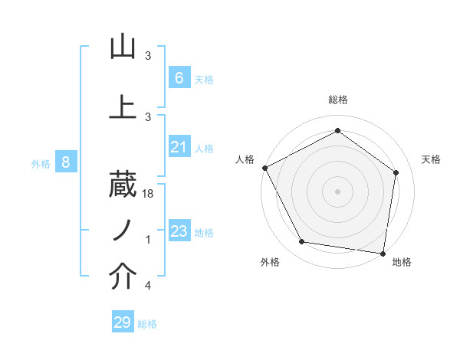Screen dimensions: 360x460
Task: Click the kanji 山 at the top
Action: (123, 47)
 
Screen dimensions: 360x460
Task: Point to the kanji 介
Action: (123, 277)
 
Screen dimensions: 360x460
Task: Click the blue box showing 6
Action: (179, 78)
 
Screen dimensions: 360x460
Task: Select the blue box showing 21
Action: (179, 147)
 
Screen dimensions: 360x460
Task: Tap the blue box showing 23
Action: (179, 231)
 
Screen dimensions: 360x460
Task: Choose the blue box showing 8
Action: (66, 162)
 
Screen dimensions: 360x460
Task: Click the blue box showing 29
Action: (123, 322)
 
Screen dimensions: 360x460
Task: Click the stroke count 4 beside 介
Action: (148, 286)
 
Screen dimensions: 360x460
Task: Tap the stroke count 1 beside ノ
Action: (148, 240)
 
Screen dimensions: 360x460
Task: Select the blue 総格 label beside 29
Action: (148, 325)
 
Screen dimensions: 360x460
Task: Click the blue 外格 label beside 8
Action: (41, 163)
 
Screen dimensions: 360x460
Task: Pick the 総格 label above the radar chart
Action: (338, 100)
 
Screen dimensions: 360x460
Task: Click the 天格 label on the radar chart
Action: (431, 159)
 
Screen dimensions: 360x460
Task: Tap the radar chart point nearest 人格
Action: (264, 168)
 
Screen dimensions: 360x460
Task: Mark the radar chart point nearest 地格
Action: (383, 253)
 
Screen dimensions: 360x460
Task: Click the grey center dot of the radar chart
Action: (337, 191)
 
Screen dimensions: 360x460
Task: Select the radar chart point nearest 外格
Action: (301, 242)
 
